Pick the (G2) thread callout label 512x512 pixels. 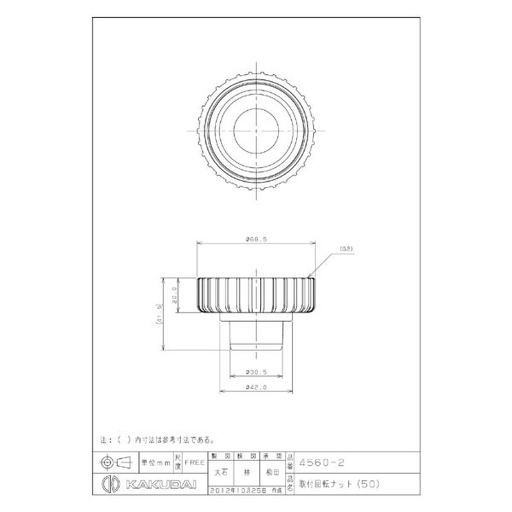[x=346, y=248]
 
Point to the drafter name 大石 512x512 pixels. [x=220, y=473]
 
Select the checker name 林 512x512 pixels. [x=246, y=473]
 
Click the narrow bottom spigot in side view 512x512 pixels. [x=255, y=336]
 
